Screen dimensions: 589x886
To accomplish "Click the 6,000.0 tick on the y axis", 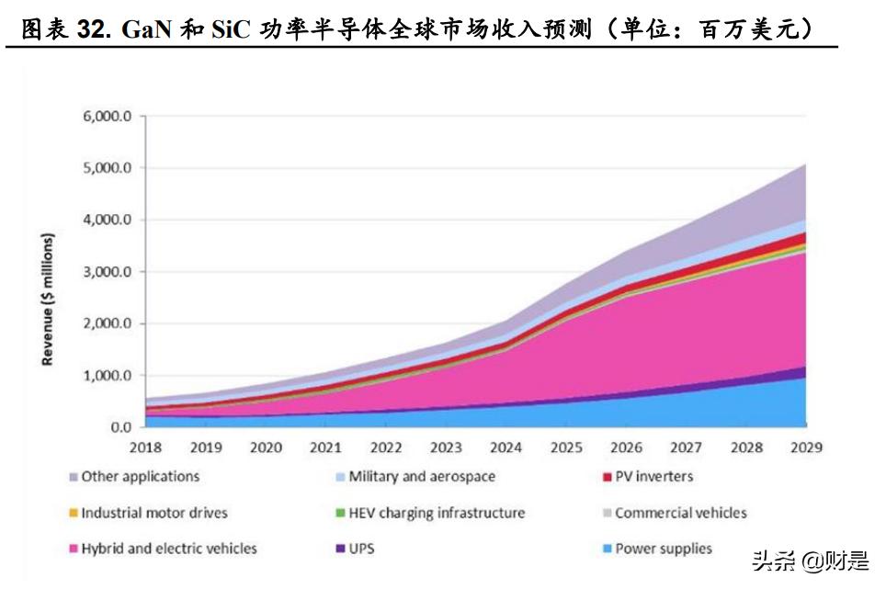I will [x=108, y=117].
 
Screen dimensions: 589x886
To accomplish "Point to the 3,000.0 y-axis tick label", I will [x=108, y=272].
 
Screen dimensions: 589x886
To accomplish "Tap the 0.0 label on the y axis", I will [x=120, y=427].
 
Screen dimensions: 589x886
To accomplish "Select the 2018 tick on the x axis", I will [x=146, y=447].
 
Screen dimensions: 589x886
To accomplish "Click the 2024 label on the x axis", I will [x=505, y=447].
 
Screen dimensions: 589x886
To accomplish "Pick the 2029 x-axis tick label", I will [x=805, y=447].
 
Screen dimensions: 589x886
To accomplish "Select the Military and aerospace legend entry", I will [x=422, y=477].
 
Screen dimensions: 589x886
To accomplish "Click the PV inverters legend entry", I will [x=653, y=477].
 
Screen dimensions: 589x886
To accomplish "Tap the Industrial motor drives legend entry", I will [x=153, y=513].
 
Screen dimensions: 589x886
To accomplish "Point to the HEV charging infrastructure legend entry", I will [x=437, y=513].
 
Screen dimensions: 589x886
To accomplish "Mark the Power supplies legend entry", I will [x=663, y=549].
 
